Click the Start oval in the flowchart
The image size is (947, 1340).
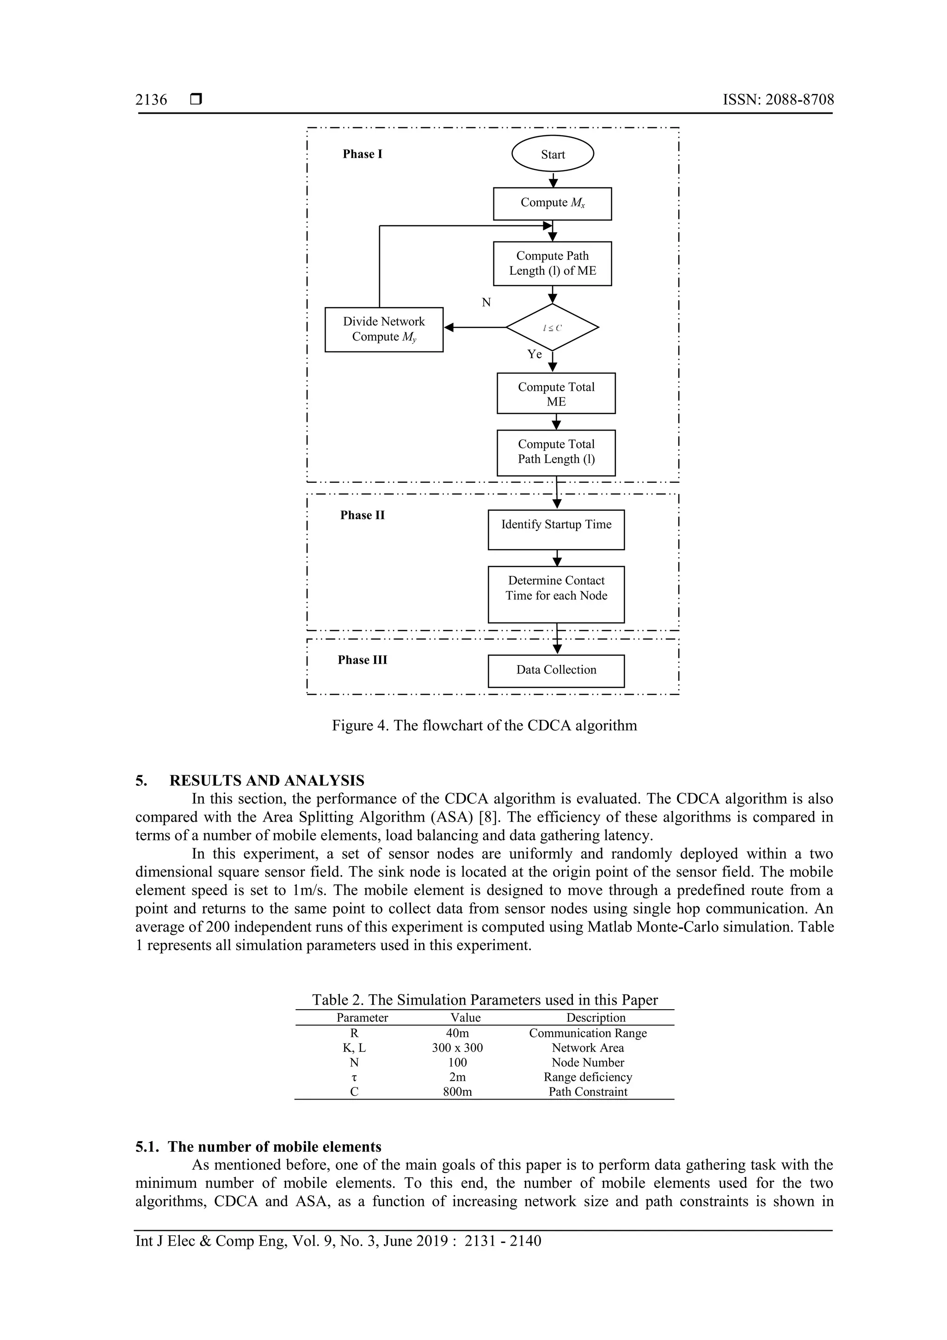tap(552, 154)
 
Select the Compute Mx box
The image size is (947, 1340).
tap(552, 203)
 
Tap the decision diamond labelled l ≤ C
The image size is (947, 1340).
tap(552, 327)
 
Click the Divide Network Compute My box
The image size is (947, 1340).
tap(384, 329)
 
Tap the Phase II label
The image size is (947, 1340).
tap(363, 515)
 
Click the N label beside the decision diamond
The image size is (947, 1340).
tap(486, 303)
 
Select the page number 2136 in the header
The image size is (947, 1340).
tap(151, 100)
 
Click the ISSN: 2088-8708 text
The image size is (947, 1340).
tap(778, 100)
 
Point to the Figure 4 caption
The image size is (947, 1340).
tap(484, 725)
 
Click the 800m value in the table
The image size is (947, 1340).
tap(457, 1091)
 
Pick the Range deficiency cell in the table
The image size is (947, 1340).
tap(588, 1077)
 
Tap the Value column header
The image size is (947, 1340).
tap(465, 1017)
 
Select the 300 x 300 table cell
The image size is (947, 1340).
tap(457, 1048)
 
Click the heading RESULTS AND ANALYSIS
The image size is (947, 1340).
tap(267, 780)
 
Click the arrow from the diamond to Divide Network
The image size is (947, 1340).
tap(475, 327)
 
